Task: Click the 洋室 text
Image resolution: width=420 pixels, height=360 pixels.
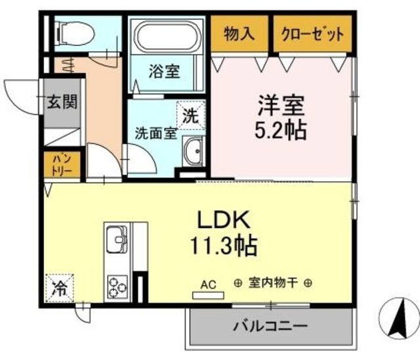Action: point(280,105)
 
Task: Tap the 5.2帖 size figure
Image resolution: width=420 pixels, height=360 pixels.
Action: point(280,129)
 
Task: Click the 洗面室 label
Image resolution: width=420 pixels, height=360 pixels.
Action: point(155,132)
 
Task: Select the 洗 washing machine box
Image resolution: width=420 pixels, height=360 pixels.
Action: point(190,116)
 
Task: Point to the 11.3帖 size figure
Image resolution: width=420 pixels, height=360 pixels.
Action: point(224,246)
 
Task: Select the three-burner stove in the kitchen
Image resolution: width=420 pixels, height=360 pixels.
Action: point(117,285)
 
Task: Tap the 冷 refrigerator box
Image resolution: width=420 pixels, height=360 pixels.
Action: point(59,286)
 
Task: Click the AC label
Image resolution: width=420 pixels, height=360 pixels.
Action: point(208,284)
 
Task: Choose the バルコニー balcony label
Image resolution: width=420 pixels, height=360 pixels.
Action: point(270,325)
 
